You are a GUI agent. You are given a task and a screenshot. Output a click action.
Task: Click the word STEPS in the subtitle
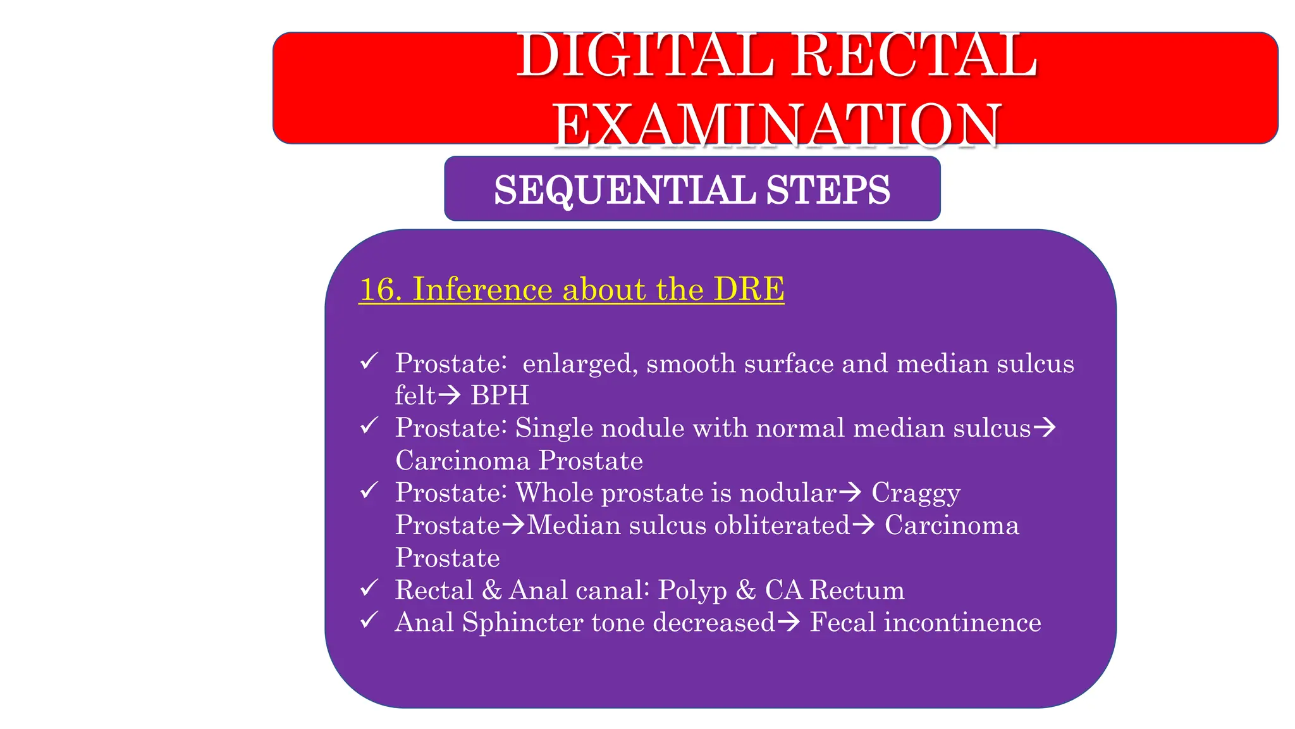828,190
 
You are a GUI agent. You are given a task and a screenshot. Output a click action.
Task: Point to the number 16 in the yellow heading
380,290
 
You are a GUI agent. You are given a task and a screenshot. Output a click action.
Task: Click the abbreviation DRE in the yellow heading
749,290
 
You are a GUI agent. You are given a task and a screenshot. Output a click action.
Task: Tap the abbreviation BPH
500,396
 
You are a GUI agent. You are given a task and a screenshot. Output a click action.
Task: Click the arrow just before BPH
450,396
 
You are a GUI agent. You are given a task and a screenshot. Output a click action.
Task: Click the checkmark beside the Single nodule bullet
369,426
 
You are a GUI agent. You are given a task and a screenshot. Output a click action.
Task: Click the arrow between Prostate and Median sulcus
513,525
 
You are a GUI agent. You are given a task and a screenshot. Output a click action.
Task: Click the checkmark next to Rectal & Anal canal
369,589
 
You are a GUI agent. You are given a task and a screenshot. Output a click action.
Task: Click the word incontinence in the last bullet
962,623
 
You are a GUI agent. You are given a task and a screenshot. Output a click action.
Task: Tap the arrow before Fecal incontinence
789,623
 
